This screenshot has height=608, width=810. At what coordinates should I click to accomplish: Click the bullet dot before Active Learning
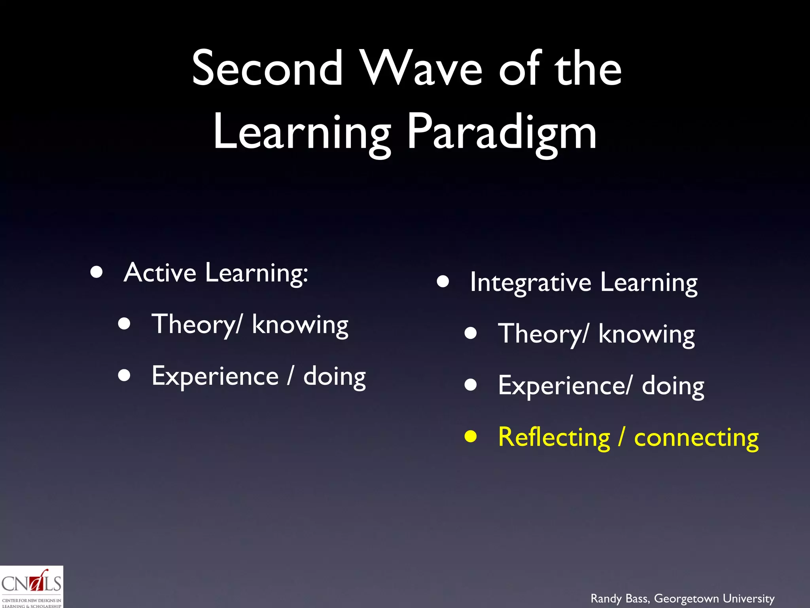tap(97, 272)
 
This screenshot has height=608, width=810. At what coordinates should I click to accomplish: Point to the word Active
tap(160, 273)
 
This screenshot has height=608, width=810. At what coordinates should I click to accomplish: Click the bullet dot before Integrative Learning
tap(443, 282)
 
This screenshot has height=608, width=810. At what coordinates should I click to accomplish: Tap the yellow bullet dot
tap(471, 437)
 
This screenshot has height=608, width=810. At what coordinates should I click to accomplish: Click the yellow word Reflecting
tap(554, 437)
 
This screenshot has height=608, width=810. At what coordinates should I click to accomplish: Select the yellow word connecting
tap(696, 438)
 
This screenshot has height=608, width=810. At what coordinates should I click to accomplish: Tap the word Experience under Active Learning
tap(215, 376)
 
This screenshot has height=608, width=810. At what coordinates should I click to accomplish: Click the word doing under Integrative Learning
tap(673, 386)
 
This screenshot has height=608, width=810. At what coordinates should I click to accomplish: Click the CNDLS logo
tap(32, 587)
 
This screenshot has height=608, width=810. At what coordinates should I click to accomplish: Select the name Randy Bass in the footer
tap(620, 598)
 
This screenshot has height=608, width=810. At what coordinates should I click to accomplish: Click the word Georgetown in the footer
tap(686, 598)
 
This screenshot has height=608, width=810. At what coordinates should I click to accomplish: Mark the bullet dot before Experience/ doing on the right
tap(471, 385)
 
